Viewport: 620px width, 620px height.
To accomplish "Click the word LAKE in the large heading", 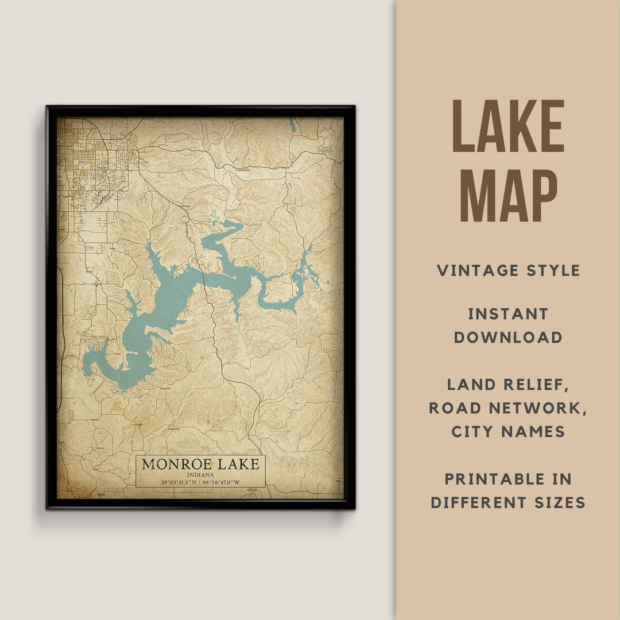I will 508,127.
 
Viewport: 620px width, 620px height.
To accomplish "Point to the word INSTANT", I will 508,314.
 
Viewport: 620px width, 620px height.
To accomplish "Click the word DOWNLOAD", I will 508,338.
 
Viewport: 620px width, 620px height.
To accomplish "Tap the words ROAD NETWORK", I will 508,408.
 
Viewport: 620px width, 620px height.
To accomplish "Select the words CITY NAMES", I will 508,432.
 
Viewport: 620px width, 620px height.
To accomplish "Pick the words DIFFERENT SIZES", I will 508,503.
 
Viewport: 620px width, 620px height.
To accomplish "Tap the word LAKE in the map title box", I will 236,464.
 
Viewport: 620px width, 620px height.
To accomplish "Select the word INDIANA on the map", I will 200,475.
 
